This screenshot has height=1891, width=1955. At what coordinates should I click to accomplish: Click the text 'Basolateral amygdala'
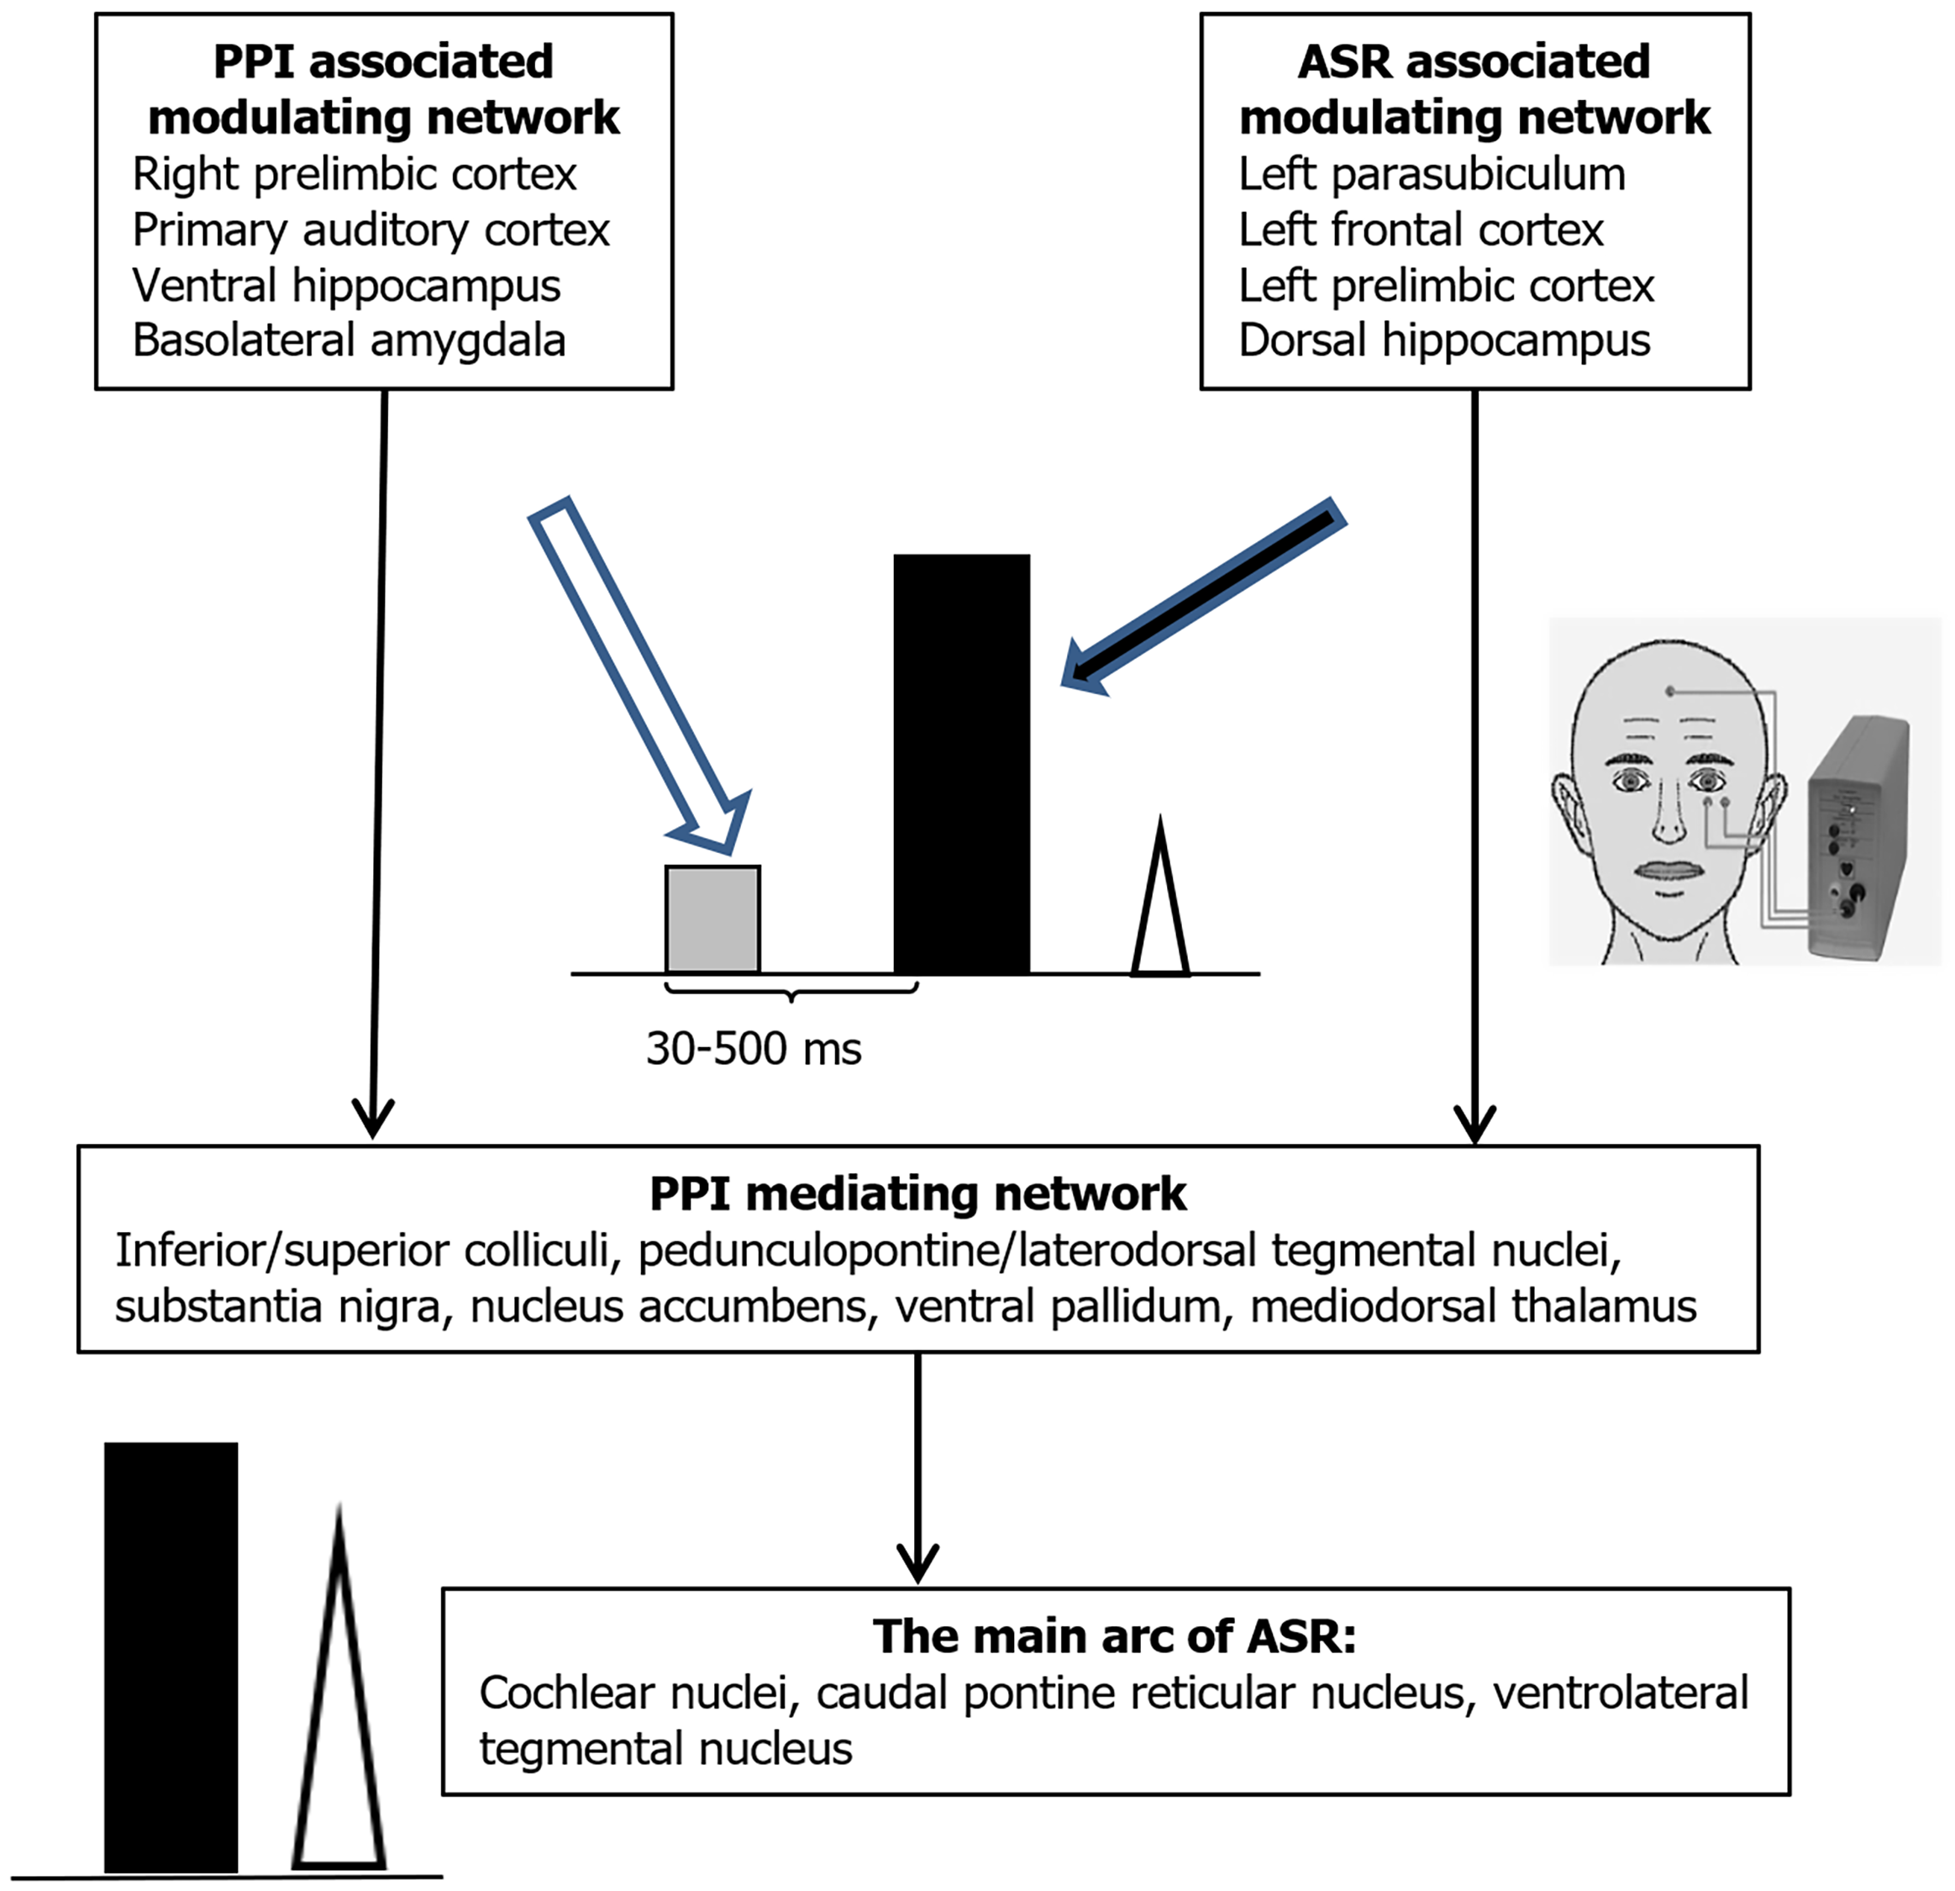click(x=349, y=341)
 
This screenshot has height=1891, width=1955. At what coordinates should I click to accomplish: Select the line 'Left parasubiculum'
click(x=1432, y=175)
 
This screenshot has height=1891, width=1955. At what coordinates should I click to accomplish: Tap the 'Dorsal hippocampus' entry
click(x=1444, y=341)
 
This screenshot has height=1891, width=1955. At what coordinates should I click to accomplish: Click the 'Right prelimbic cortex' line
click(x=354, y=175)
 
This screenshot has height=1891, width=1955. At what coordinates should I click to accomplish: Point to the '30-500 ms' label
click(x=753, y=1049)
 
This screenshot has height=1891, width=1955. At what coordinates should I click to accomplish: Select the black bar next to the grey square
click(x=962, y=763)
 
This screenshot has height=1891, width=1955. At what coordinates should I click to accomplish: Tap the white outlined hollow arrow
click(x=639, y=676)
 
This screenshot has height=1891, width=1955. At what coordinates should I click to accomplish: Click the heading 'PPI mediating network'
click(x=917, y=1193)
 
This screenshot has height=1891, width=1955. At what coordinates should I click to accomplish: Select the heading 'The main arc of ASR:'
click(x=1114, y=1636)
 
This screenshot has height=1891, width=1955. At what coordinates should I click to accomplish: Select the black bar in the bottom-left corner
click(x=171, y=1657)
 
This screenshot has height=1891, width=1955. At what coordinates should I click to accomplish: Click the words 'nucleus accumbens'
click(x=668, y=1307)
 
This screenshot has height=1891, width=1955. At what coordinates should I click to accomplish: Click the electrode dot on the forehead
click(x=1669, y=691)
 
